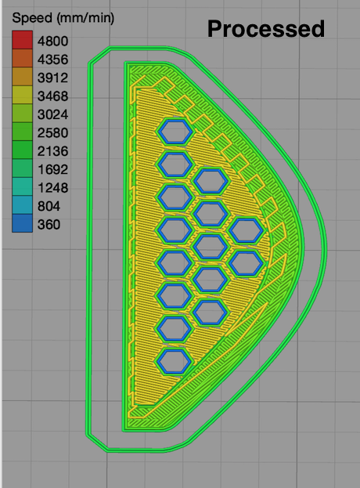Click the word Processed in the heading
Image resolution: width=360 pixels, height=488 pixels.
point(266,29)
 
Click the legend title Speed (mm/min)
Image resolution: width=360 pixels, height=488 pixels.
point(63,18)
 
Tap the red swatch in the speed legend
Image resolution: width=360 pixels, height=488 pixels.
point(23,40)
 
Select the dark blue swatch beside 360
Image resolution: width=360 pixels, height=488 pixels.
point(23,223)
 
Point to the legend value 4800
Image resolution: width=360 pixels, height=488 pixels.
point(52,41)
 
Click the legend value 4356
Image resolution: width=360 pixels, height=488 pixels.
point(52,60)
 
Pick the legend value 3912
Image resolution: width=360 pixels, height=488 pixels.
point(52,78)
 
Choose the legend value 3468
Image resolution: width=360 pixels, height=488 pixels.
point(52,96)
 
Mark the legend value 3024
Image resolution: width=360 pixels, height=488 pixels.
point(52,114)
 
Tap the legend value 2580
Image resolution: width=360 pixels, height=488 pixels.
point(52,133)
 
